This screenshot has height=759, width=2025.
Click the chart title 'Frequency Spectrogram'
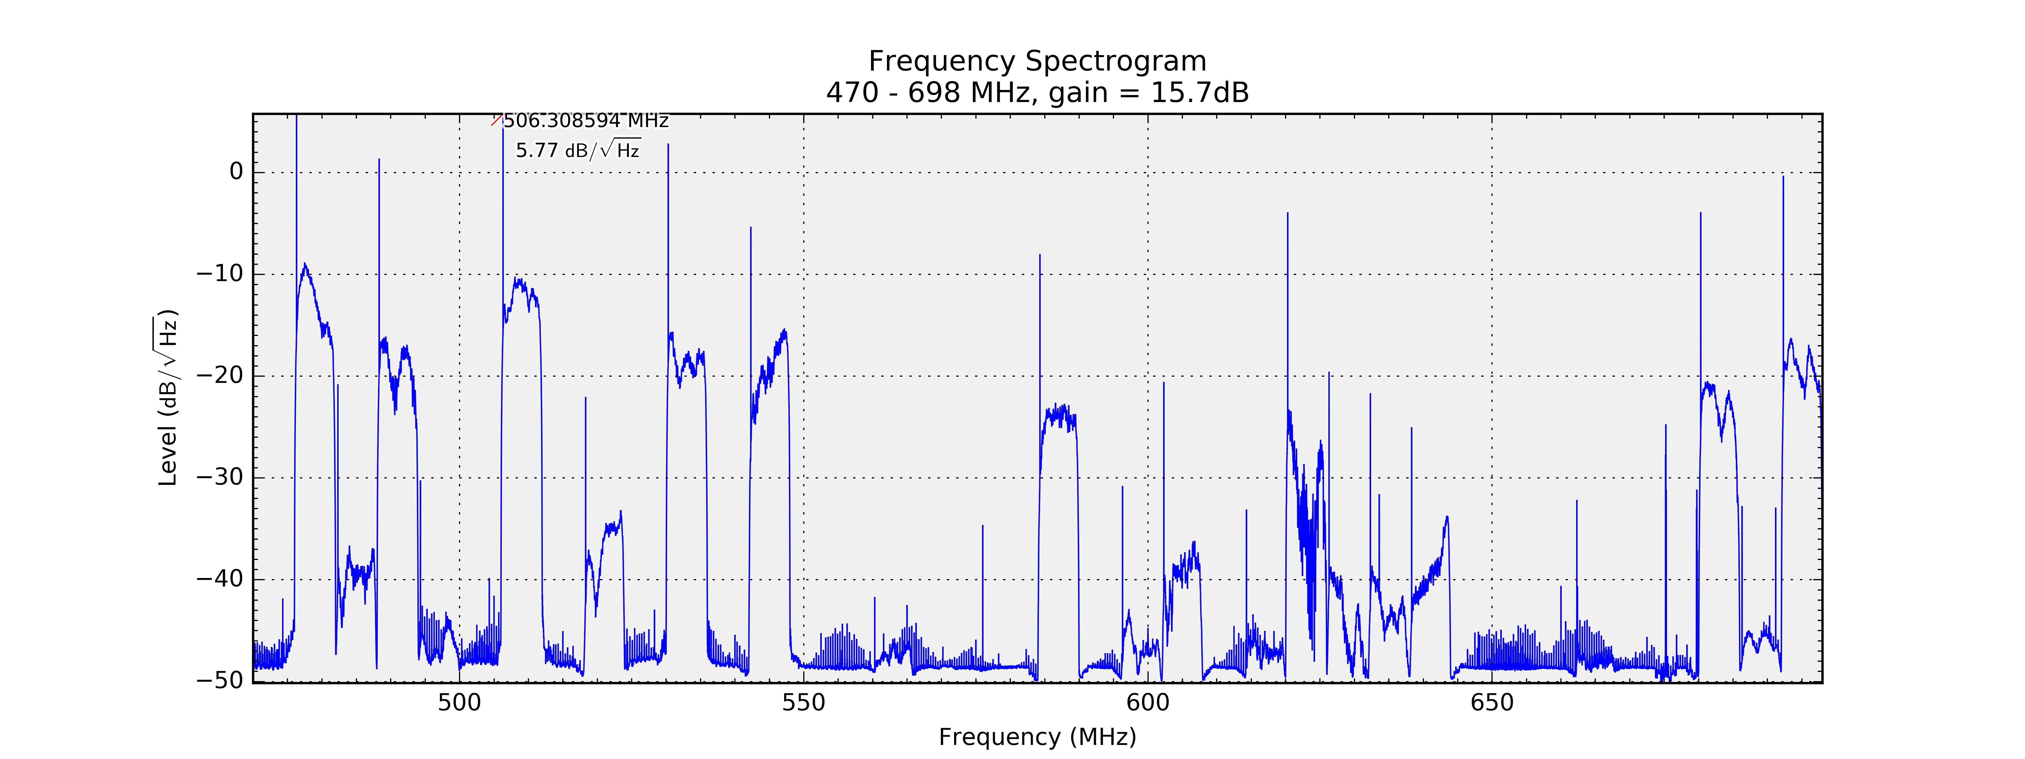click(1037, 61)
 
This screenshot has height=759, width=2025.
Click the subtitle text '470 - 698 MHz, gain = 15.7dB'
click(1037, 93)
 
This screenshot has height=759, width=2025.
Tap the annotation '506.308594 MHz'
click(586, 121)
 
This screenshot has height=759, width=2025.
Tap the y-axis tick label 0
click(236, 172)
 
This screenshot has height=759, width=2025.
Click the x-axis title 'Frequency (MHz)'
click(1037, 737)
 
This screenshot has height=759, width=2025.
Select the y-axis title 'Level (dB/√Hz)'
click(167, 397)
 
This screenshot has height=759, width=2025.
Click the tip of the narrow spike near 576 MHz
click(983, 526)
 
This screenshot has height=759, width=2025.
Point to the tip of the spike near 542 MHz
click(751, 228)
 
